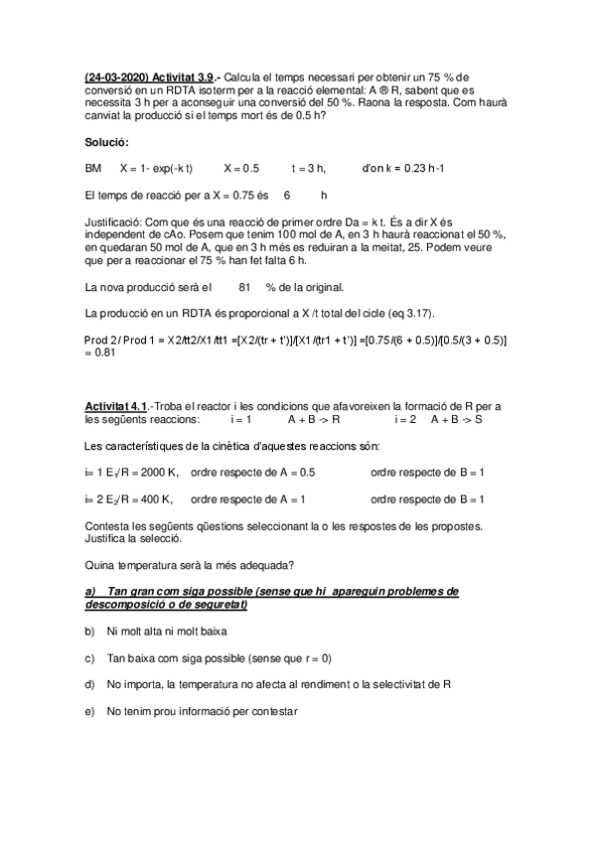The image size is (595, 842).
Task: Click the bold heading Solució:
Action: pos(108,143)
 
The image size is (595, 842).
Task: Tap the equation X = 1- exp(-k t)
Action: pos(156,168)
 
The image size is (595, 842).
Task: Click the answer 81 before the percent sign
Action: pos(246,288)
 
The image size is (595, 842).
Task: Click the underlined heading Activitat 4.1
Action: pos(117,406)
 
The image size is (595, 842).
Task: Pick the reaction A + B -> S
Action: pos(457,419)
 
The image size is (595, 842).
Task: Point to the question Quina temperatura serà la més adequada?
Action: pos(190,566)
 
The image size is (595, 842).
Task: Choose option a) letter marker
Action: pos(90,591)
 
